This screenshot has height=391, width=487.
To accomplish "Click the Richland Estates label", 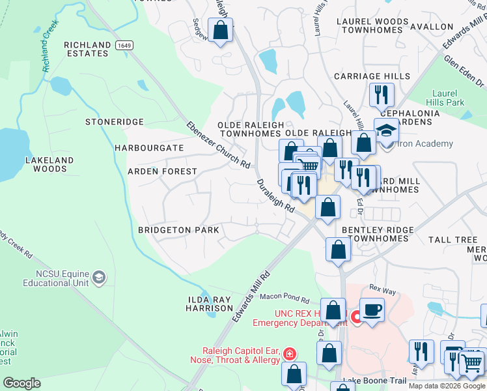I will (87, 49).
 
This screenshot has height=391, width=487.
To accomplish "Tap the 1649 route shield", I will (124, 45).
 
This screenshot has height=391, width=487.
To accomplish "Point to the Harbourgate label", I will (149, 148).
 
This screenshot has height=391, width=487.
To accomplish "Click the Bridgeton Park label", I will (178, 230).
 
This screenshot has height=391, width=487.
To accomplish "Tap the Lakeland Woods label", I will (49, 164).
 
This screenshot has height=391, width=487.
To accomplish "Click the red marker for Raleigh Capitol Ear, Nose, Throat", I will (289, 354).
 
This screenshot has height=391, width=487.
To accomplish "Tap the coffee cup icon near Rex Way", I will (371, 309).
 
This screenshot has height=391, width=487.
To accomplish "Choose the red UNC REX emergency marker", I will (356, 317).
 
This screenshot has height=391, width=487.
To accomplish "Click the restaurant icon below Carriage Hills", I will (382, 94).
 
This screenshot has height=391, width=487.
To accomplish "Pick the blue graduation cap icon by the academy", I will (386, 130).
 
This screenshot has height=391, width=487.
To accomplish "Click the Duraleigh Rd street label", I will (276, 195).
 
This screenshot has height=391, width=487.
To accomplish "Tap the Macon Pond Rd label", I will (285, 298).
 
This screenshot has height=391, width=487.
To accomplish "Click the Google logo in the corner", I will (21, 383).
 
